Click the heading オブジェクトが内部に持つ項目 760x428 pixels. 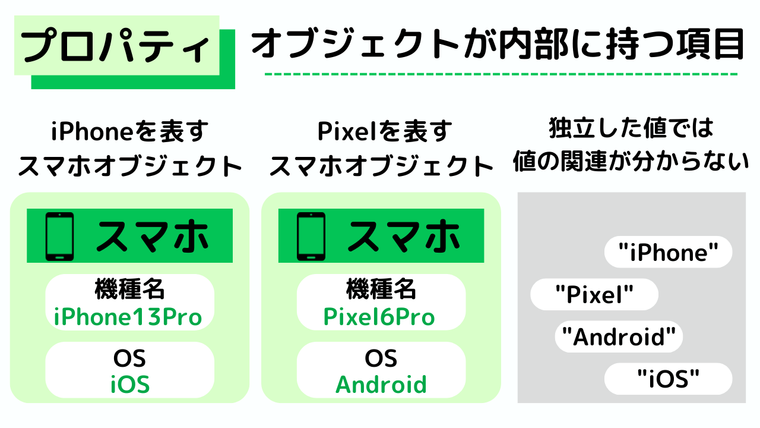click(x=498, y=45)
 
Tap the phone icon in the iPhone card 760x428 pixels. click(x=59, y=235)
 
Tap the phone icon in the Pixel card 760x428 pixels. click(x=311, y=235)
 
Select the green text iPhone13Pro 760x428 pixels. click(x=128, y=317)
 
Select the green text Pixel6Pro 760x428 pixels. click(x=379, y=317)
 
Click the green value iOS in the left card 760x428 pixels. click(x=129, y=385)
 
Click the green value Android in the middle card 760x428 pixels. click(x=381, y=385)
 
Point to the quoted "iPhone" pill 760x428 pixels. click(x=668, y=253)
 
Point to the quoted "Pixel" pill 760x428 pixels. click(x=594, y=295)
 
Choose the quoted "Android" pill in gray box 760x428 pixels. click(x=619, y=338)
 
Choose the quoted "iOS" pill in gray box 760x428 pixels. click(x=668, y=379)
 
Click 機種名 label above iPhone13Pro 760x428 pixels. click(x=129, y=290)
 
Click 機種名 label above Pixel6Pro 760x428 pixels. click(x=381, y=290)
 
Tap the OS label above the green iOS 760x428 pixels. click(x=129, y=358)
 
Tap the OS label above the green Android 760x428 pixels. click(x=381, y=358)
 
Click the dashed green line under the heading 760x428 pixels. click(x=501, y=75)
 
